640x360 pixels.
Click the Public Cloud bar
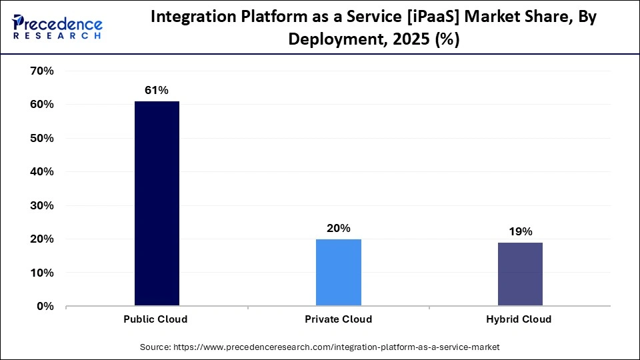point(157,203)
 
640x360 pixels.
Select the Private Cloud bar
point(338,273)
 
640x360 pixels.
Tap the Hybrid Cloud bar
point(519,274)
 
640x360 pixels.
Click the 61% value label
point(157,90)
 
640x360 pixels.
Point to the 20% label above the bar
point(338,228)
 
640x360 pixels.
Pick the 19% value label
point(519,231)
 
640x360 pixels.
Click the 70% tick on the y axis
point(41,71)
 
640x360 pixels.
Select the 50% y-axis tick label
point(41,138)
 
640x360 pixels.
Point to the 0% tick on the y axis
point(44,306)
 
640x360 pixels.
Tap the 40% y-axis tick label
point(41,171)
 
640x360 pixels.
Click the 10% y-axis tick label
point(41,273)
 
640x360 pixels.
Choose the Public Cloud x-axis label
point(155,319)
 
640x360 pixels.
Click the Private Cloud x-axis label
point(338,319)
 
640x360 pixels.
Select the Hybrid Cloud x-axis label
point(519,319)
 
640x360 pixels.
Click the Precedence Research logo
point(57,26)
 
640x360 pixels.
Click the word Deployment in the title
point(335,39)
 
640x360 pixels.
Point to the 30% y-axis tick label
point(41,205)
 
